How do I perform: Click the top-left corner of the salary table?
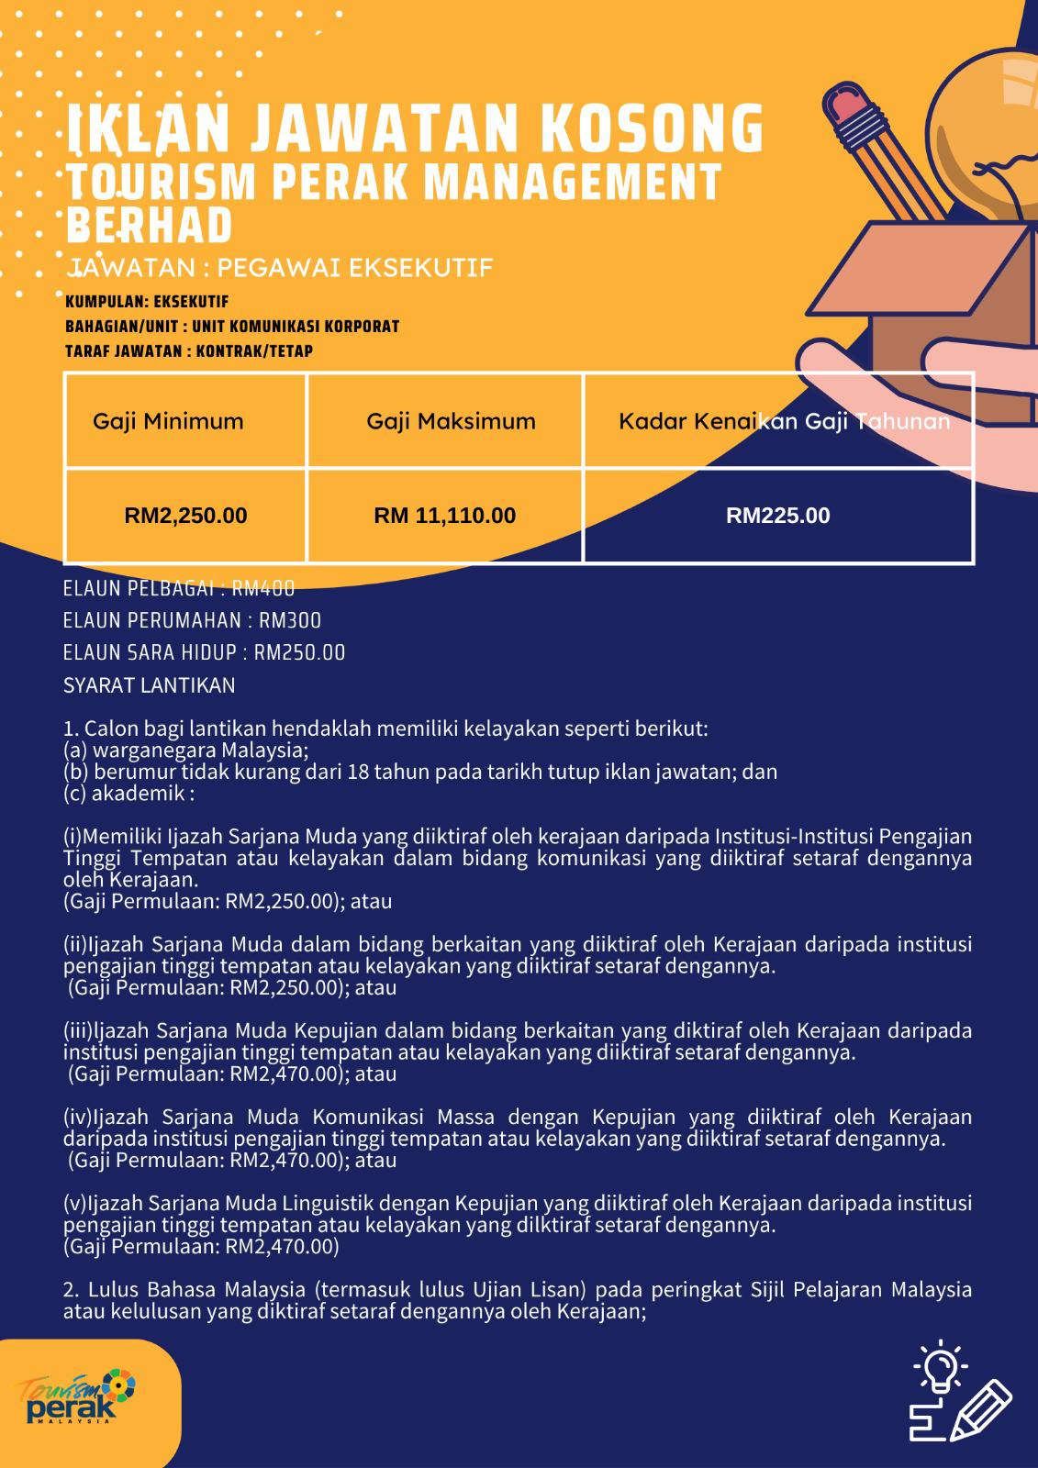pyautogui.click(x=65, y=373)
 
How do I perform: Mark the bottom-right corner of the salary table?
pyautogui.click(x=974, y=562)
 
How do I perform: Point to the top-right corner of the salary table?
pyautogui.click(x=974, y=373)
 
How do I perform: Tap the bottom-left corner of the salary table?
pyautogui.click(x=65, y=562)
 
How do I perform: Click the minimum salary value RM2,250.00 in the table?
pyautogui.click(x=185, y=516)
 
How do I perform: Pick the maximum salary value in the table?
pyautogui.click(x=444, y=516)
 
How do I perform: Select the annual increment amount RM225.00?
pyautogui.click(x=777, y=516)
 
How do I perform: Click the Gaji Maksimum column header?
pyautogui.click(x=452, y=421)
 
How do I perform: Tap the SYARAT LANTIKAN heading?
pyautogui.click(x=149, y=685)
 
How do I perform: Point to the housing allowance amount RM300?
pyautogui.click(x=290, y=620)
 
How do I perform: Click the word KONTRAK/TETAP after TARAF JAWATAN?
pyautogui.click(x=254, y=351)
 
